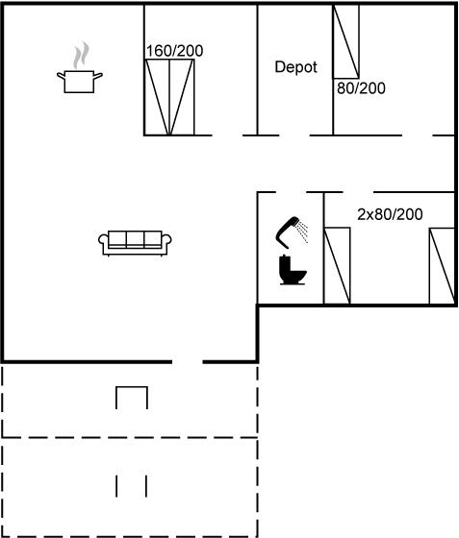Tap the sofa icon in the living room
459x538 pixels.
click(135, 243)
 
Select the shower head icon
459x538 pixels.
click(292, 232)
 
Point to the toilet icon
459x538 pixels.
click(293, 270)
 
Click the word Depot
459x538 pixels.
click(295, 67)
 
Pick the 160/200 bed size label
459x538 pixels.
click(174, 51)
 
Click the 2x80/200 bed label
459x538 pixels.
click(390, 214)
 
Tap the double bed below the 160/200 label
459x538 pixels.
click(169, 97)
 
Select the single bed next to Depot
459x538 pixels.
click(346, 41)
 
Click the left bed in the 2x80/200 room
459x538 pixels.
click(337, 265)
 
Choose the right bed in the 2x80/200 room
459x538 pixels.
click(443, 266)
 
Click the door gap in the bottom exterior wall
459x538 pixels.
click(188, 361)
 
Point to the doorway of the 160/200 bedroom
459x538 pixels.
click(227, 135)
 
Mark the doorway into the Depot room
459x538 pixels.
click(294, 135)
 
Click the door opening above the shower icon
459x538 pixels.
click(291, 192)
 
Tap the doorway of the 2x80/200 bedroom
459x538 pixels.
click(358, 192)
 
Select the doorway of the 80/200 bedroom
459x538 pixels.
click(418, 135)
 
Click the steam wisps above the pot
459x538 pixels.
click(81, 55)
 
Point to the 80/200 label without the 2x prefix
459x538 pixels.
click(361, 88)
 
